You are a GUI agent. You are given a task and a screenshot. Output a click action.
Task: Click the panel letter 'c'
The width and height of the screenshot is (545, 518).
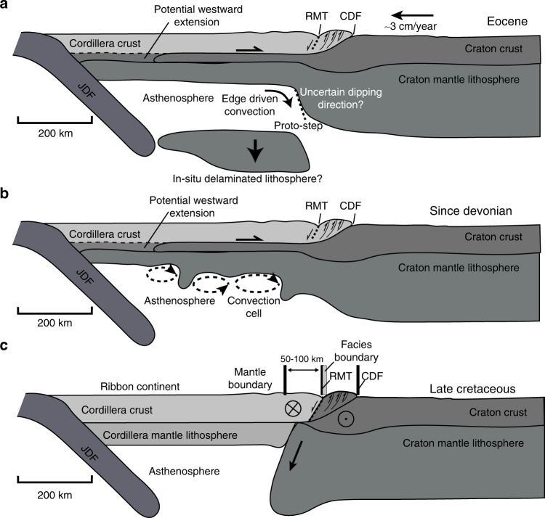point(5,346)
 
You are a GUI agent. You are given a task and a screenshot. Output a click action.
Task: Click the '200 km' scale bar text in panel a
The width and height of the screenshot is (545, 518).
point(54,133)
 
